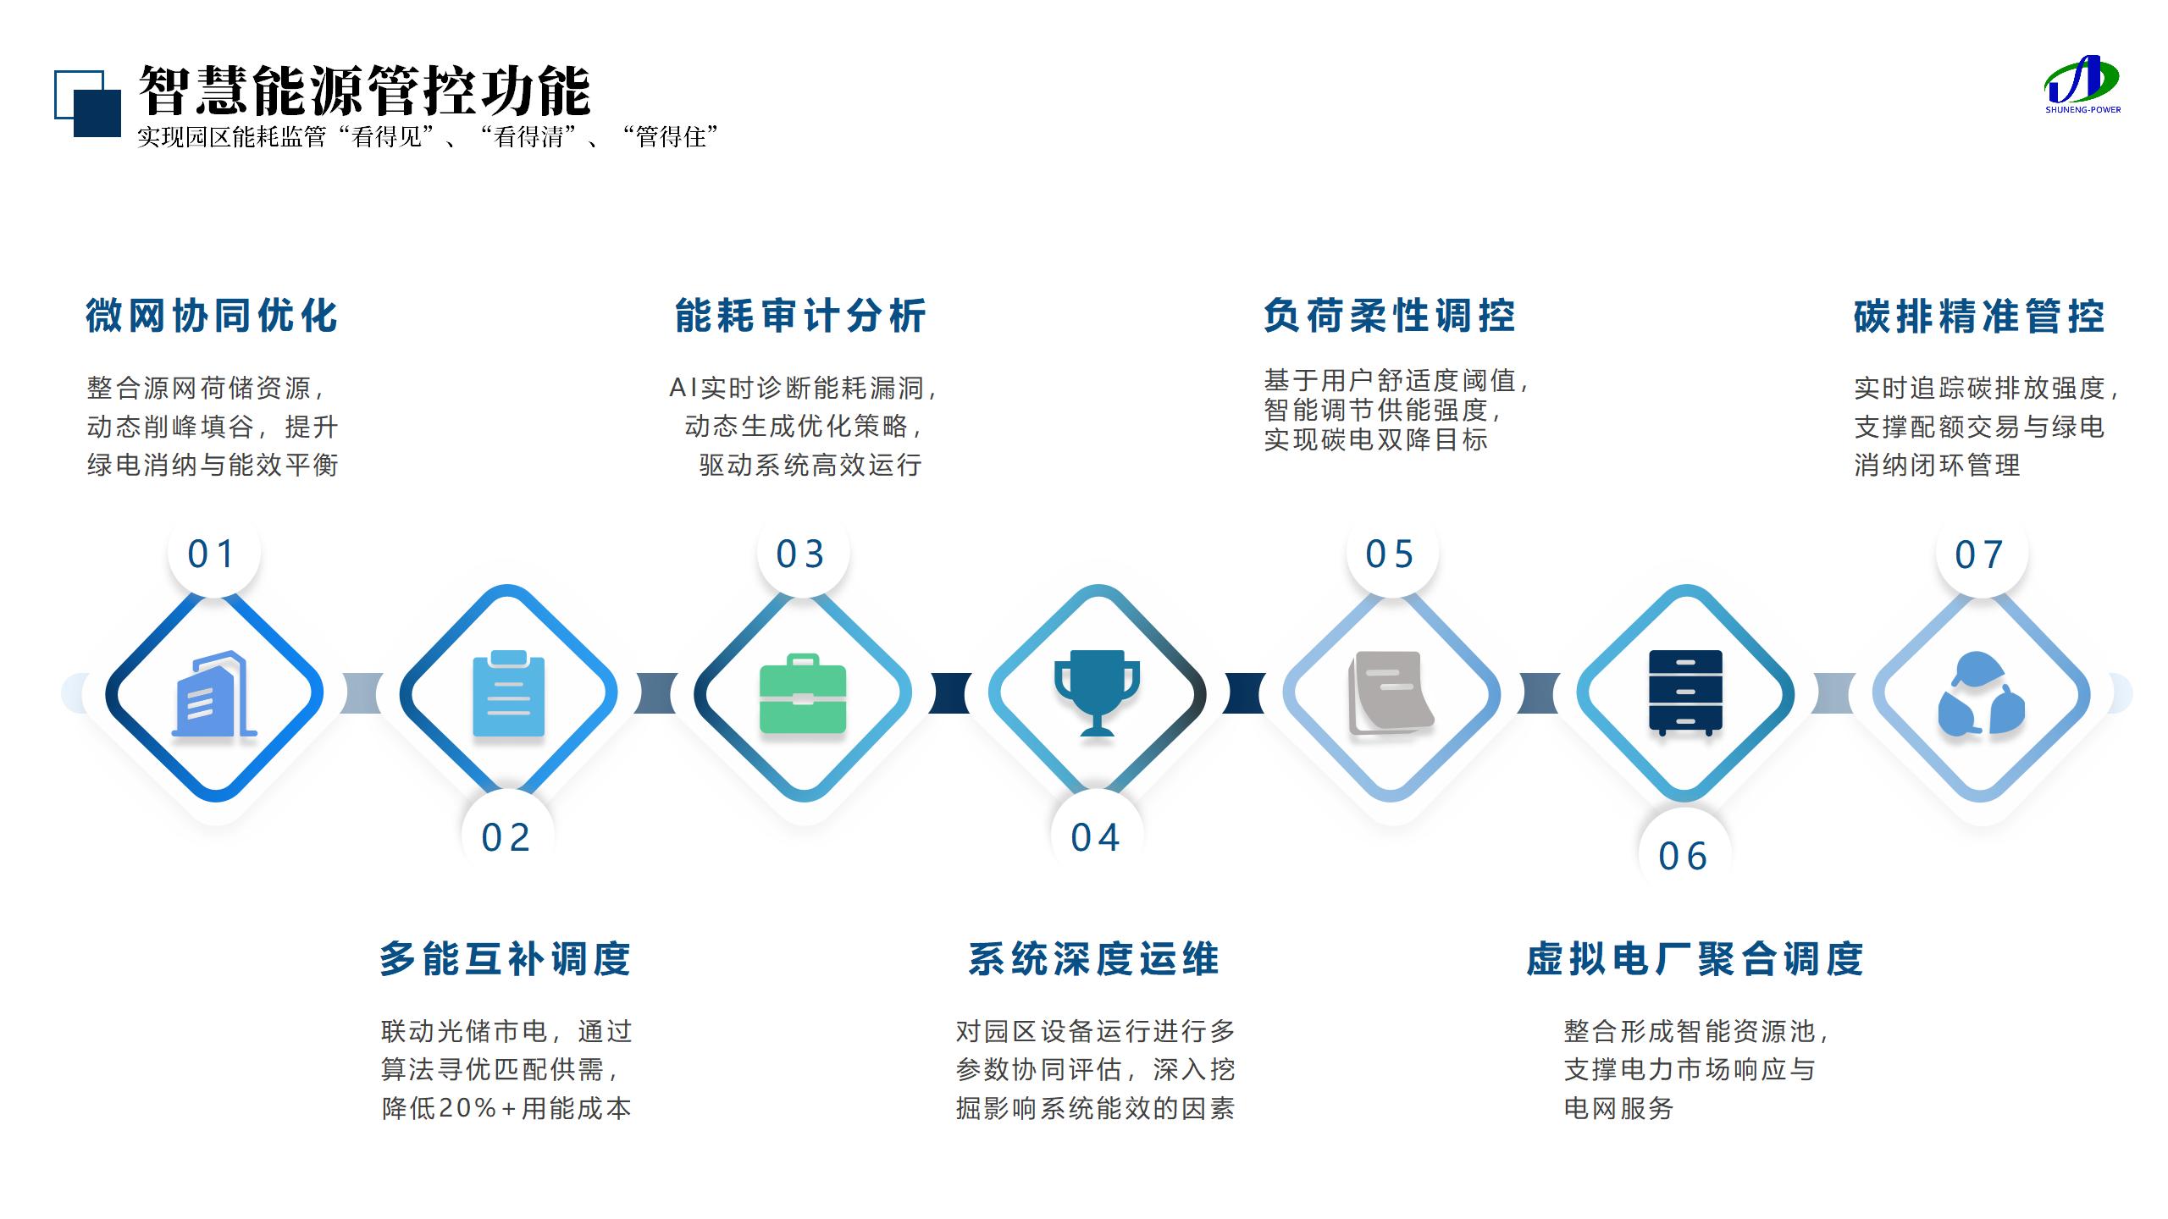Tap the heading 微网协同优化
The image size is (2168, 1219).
point(212,316)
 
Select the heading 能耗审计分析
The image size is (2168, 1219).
point(800,316)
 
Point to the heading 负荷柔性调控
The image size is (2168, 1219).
point(1389,316)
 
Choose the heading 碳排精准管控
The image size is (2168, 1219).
point(1979,317)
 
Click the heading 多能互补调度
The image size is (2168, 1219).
point(506,959)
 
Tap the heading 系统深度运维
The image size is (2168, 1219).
point(1094,959)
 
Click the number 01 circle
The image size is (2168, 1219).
point(213,554)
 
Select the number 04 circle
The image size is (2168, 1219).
point(1096,837)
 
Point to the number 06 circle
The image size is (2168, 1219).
point(1684,856)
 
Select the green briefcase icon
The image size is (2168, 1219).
point(802,693)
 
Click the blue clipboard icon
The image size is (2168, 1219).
point(508,693)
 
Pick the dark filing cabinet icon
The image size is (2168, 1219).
point(1685,693)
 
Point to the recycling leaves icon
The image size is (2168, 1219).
point(1981,694)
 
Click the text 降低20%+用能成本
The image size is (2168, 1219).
point(506,1108)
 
